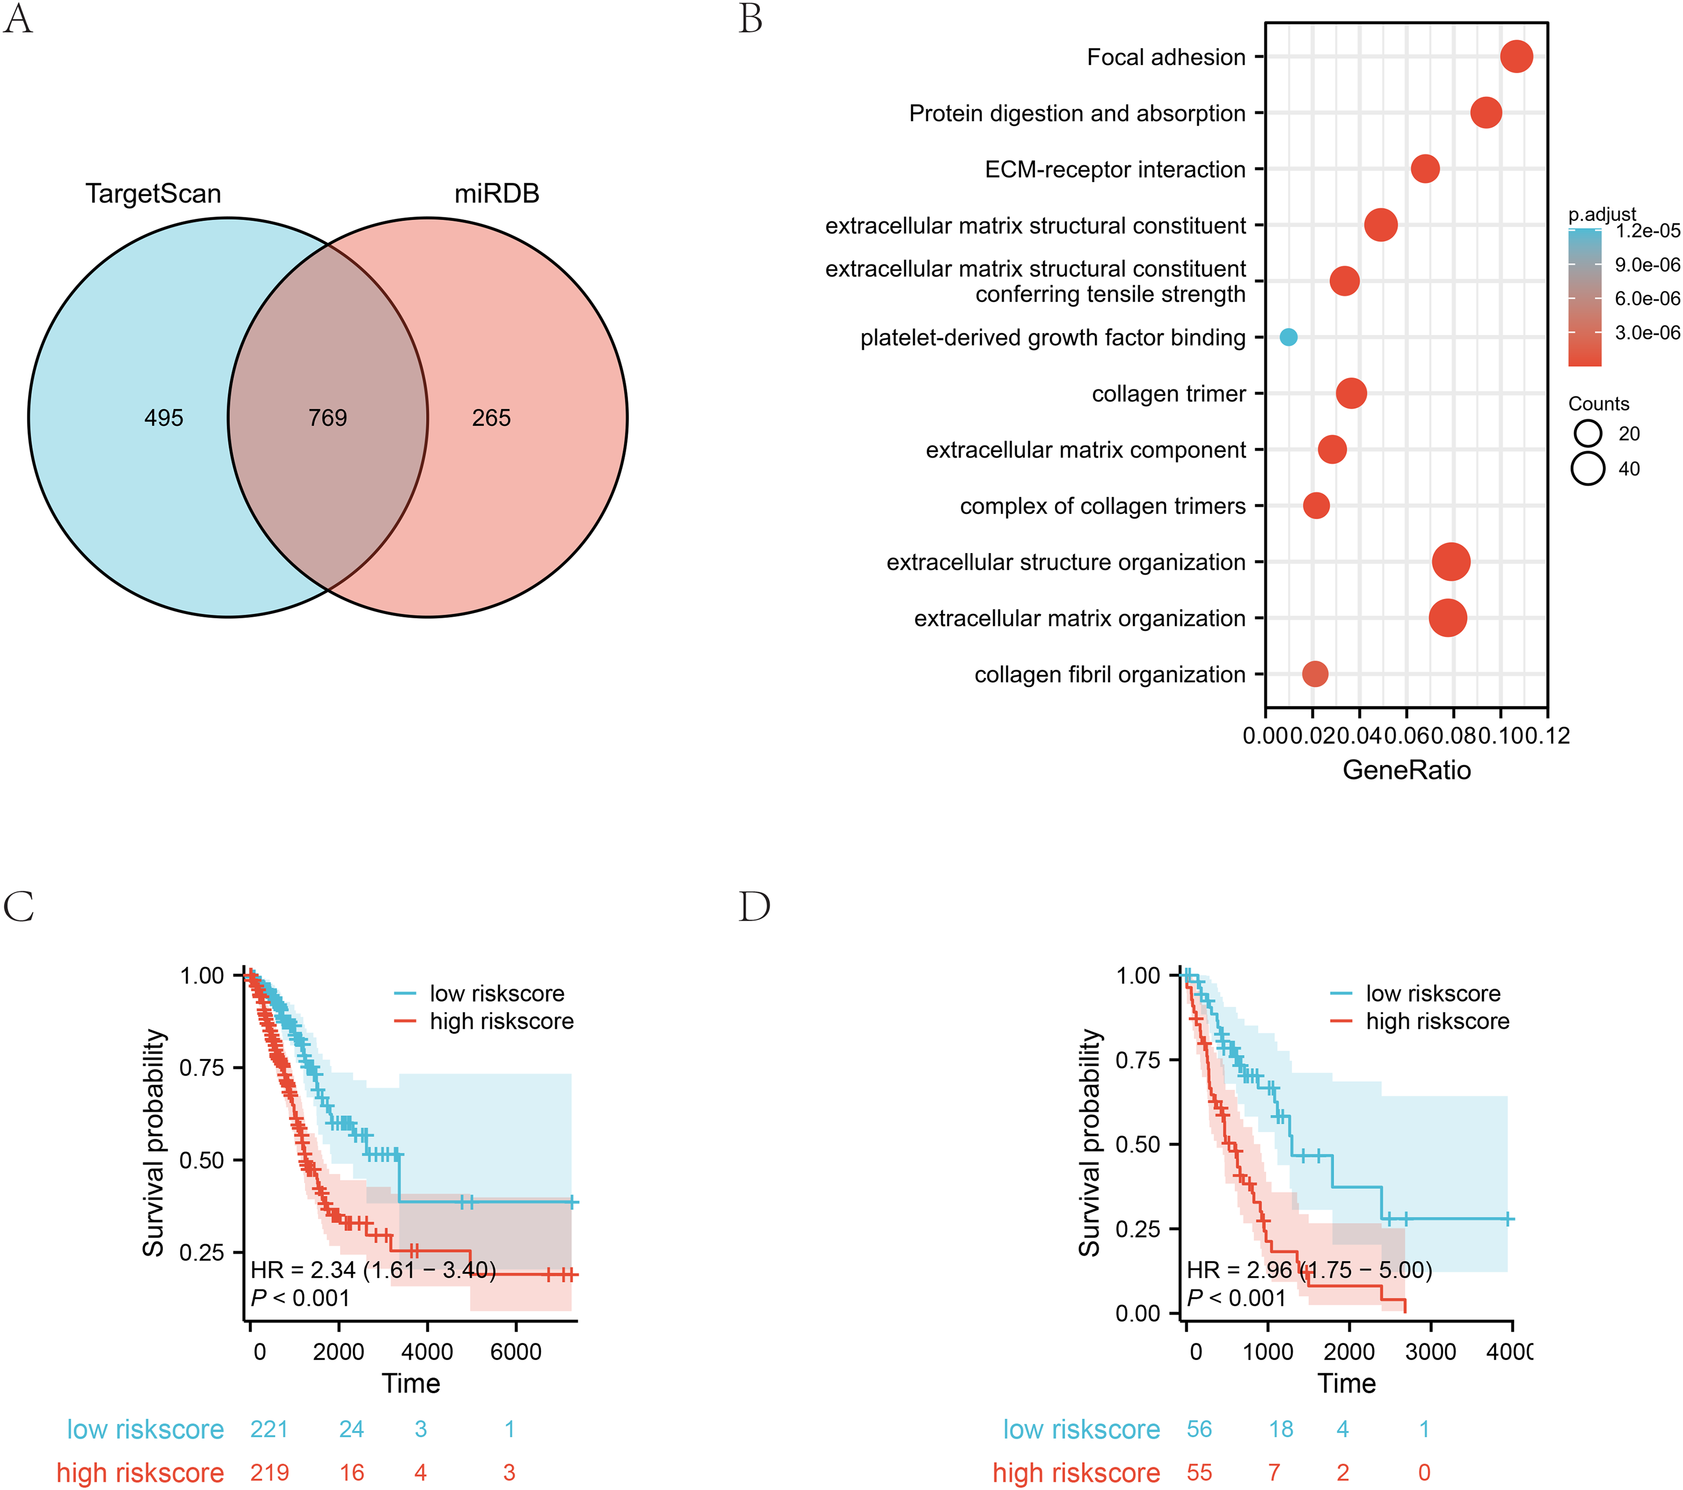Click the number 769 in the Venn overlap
point(328,418)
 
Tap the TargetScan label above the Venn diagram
point(153,193)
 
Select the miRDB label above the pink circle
point(497,193)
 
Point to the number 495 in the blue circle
point(164,418)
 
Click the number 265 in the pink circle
point(492,418)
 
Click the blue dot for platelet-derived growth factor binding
point(1289,337)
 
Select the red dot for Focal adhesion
point(1517,57)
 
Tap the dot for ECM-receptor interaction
point(1425,169)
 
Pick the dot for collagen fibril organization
point(1315,674)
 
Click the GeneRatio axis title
point(1406,770)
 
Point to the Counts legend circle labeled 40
point(1587,469)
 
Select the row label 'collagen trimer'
point(1168,394)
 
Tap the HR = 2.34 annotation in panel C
point(373,1270)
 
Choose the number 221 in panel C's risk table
point(269,1429)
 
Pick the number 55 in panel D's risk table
point(1200,1473)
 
